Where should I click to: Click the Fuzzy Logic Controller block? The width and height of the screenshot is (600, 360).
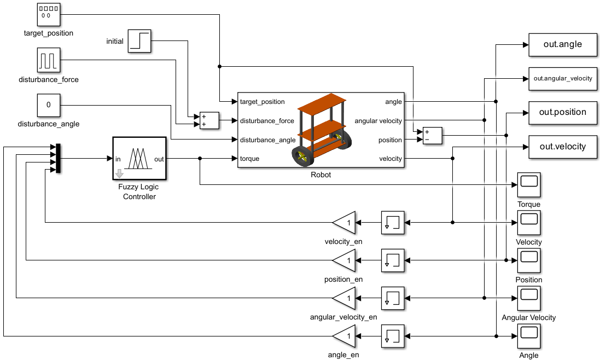pos(139,158)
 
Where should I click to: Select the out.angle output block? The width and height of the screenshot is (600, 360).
pos(562,45)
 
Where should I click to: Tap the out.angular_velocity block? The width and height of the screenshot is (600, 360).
pos(562,79)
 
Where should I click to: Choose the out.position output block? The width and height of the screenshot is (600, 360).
pos(562,113)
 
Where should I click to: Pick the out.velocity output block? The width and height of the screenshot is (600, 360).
pos(562,147)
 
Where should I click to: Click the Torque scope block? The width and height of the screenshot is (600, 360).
pos(529,185)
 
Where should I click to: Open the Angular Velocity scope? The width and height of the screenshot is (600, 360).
pos(529,298)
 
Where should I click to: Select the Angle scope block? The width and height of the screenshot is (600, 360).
pos(529,336)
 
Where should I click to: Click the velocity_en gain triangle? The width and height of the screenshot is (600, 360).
pos(345,222)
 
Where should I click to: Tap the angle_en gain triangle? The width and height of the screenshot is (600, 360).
pos(345,336)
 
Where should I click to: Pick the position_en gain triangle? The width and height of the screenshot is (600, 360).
pos(345,260)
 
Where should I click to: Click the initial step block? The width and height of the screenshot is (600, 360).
pos(139,41)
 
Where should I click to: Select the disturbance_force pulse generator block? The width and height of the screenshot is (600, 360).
pos(49,60)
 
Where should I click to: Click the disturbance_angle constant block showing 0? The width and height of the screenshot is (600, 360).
pos(49,105)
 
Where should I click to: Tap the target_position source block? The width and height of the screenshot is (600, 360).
pos(49,15)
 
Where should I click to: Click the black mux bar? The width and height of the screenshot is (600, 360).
pos(58,158)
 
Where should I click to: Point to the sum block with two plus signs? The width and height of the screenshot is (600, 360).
pos(209,120)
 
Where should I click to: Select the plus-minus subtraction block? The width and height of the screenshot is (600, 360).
pos(433,136)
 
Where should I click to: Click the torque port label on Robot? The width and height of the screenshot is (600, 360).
pos(249,159)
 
